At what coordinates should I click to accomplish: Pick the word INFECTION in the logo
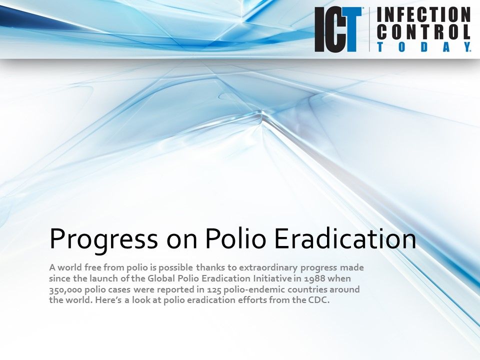click(x=423, y=15)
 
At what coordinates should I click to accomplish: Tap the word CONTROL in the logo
click(x=423, y=32)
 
